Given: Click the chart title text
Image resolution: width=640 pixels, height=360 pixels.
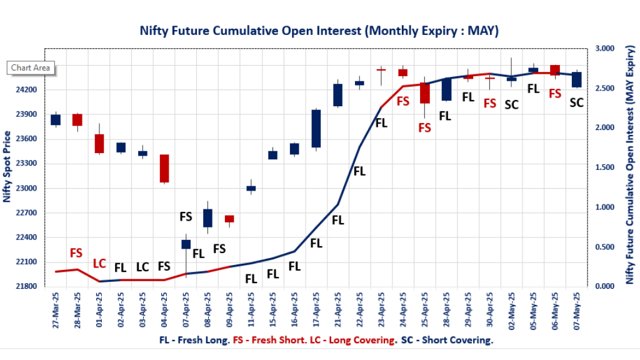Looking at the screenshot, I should point(319,31).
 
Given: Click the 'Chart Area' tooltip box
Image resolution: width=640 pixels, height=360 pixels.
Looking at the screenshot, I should point(31,68).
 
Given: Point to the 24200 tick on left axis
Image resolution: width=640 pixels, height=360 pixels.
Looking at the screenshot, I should point(27,90).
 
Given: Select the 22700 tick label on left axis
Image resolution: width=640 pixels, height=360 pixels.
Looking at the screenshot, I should point(27,213).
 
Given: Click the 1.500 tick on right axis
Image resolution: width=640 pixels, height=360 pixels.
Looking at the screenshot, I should point(606,167).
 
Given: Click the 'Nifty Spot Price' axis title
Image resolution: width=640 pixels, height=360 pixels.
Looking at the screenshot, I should point(7,167).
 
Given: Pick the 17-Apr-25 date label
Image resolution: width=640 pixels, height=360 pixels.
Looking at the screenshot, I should point(316,310).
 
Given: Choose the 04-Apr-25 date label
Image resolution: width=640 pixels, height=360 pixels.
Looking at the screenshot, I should point(164,310).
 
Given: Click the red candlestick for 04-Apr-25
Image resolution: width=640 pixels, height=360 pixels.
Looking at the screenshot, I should point(164,168).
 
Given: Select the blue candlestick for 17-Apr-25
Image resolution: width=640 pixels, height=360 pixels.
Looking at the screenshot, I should point(316,129).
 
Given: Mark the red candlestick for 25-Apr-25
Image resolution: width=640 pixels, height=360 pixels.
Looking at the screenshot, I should point(425,93).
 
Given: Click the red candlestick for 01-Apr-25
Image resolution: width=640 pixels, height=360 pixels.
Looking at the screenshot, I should point(99,143).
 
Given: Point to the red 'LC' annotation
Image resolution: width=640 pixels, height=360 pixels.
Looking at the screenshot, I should point(99,264).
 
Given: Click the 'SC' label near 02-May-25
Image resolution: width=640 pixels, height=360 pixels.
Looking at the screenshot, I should point(511,104).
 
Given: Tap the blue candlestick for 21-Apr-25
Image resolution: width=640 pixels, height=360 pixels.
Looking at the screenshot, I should point(338,95).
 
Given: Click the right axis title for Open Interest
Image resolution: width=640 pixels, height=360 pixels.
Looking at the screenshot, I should point(630,167).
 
